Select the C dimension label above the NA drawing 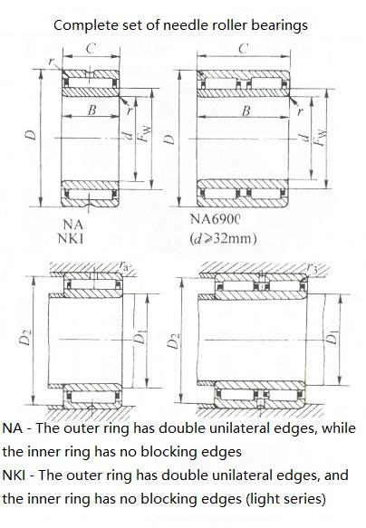click(91, 49)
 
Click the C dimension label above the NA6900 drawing click(244, 48)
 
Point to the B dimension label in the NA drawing click(91, 110)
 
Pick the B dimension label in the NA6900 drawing click(246, 110)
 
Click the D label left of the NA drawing click(31, 135)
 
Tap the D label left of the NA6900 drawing click(169, 139)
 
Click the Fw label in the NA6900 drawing click(320, 137)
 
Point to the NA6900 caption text click(215, 219)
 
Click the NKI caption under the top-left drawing click(71, 238)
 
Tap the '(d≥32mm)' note click(223, 239)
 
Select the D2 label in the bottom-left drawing click(25, 338)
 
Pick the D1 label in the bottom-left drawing click(140, 337)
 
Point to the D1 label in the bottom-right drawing click(332, 338)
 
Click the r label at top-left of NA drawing click(51, 61)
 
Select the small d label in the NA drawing click(127, 136)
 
